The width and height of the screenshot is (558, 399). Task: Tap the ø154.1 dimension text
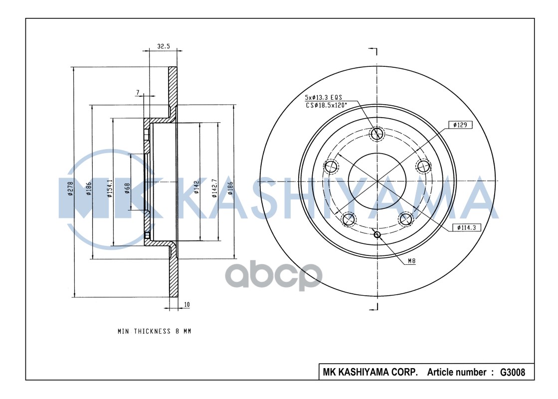coord(109,189)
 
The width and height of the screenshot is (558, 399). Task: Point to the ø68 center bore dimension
coord(127,189)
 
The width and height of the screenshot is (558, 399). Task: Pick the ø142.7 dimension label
coord(214,188)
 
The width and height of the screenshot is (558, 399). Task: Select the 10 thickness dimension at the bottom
coord(186,304)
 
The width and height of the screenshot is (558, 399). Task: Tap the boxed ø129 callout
coord(460,125)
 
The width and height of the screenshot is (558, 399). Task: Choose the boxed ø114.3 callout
coord(464,227)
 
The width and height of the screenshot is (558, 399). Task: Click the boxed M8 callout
coord(412,261)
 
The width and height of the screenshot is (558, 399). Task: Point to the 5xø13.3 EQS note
coord(323,98)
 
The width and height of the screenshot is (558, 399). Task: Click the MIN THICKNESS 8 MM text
coord(154,331)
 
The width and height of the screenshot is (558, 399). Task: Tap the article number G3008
coord(512,372)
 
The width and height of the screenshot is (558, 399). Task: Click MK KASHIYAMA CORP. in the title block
coord(371,372)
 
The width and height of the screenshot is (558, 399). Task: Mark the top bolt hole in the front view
coord(377,134)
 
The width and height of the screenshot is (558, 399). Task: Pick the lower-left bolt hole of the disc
coord(349,218)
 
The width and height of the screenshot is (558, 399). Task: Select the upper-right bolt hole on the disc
coord(423,166)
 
